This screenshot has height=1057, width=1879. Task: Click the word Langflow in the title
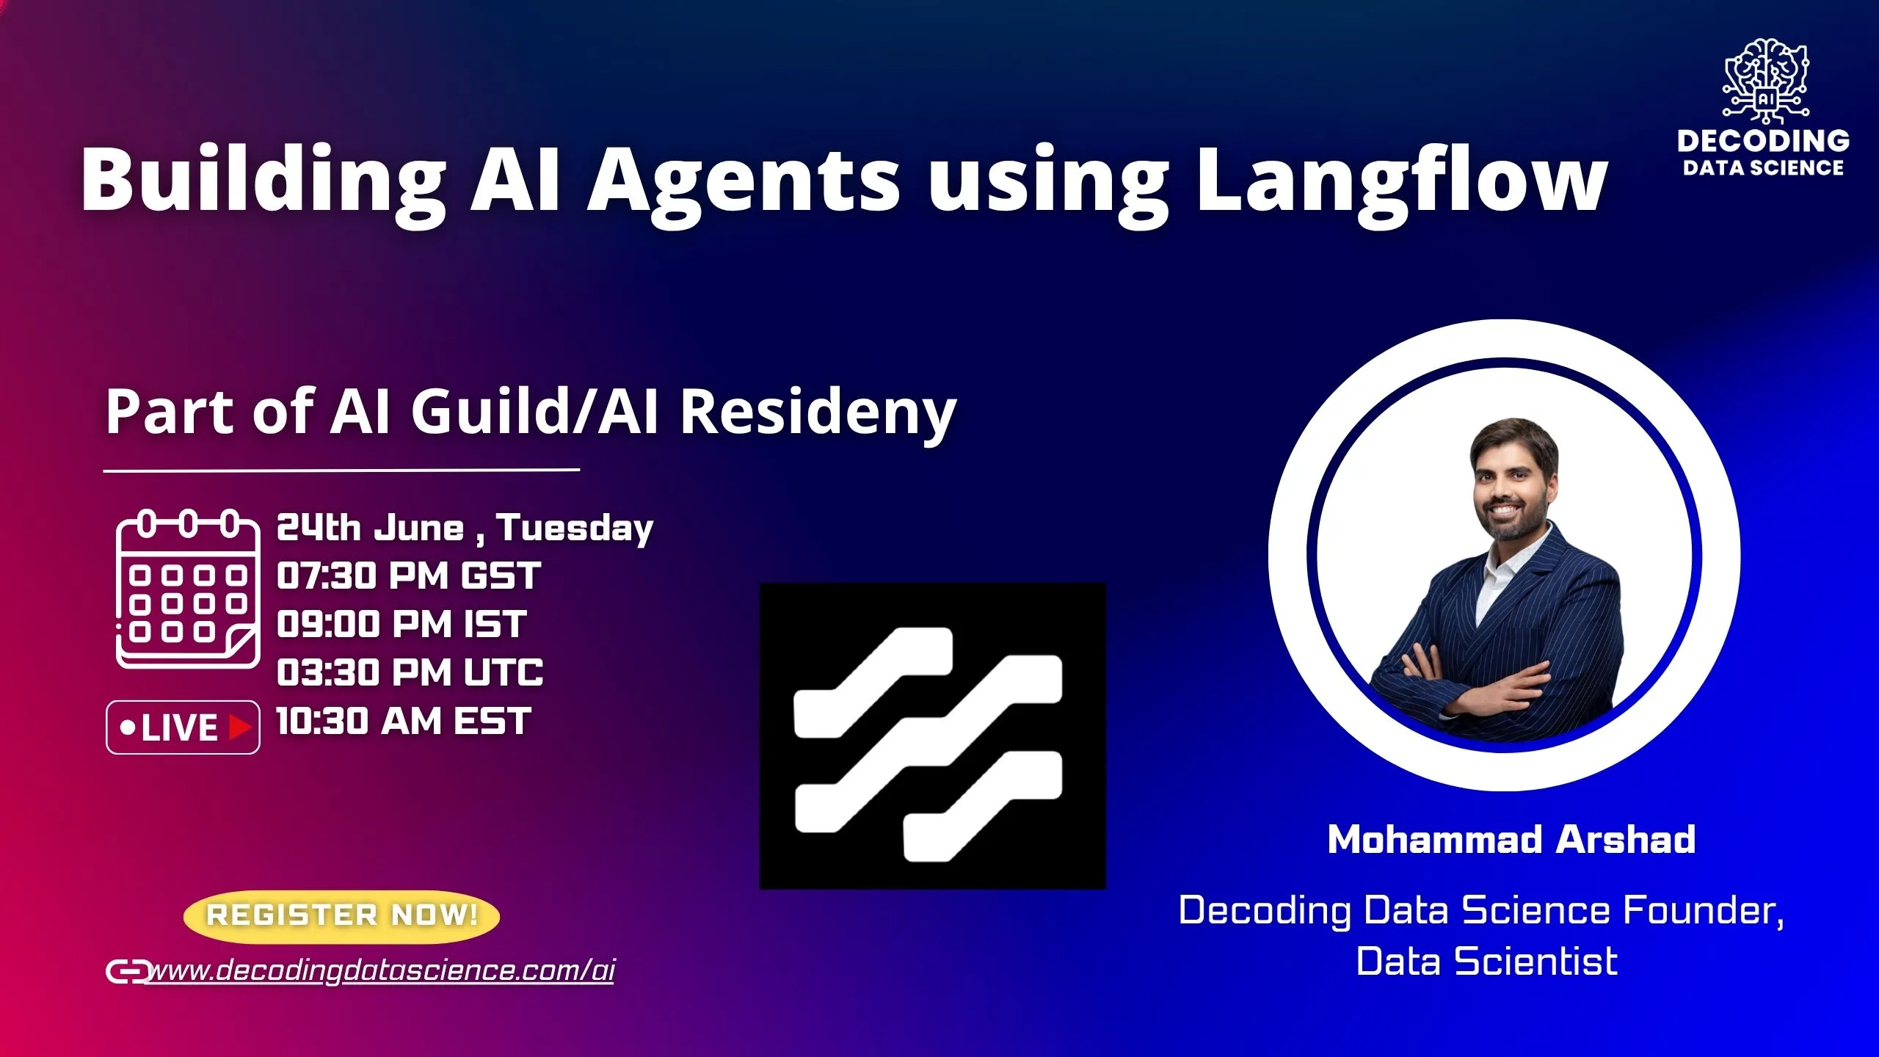[1400, 180]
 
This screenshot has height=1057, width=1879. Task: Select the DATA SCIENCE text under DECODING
[1763, 168]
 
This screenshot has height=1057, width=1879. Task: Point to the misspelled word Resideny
[818, 413]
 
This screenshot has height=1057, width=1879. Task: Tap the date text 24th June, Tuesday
[464, 528]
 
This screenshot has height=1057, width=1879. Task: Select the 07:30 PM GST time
[408, 576]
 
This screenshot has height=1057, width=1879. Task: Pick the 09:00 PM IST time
[401, 625]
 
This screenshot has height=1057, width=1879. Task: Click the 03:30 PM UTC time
[410, 672]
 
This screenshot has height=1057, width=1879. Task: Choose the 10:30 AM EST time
[403, 721]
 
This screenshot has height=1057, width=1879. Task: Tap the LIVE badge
[183, 727]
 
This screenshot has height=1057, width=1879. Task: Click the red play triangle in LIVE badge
[239, 727]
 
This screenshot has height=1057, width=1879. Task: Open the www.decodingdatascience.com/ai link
[380, 970]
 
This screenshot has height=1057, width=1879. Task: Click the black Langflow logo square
[932, 736]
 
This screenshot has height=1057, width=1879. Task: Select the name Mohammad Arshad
[1511, 840]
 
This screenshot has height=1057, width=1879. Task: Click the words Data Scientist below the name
[1486, 962]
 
